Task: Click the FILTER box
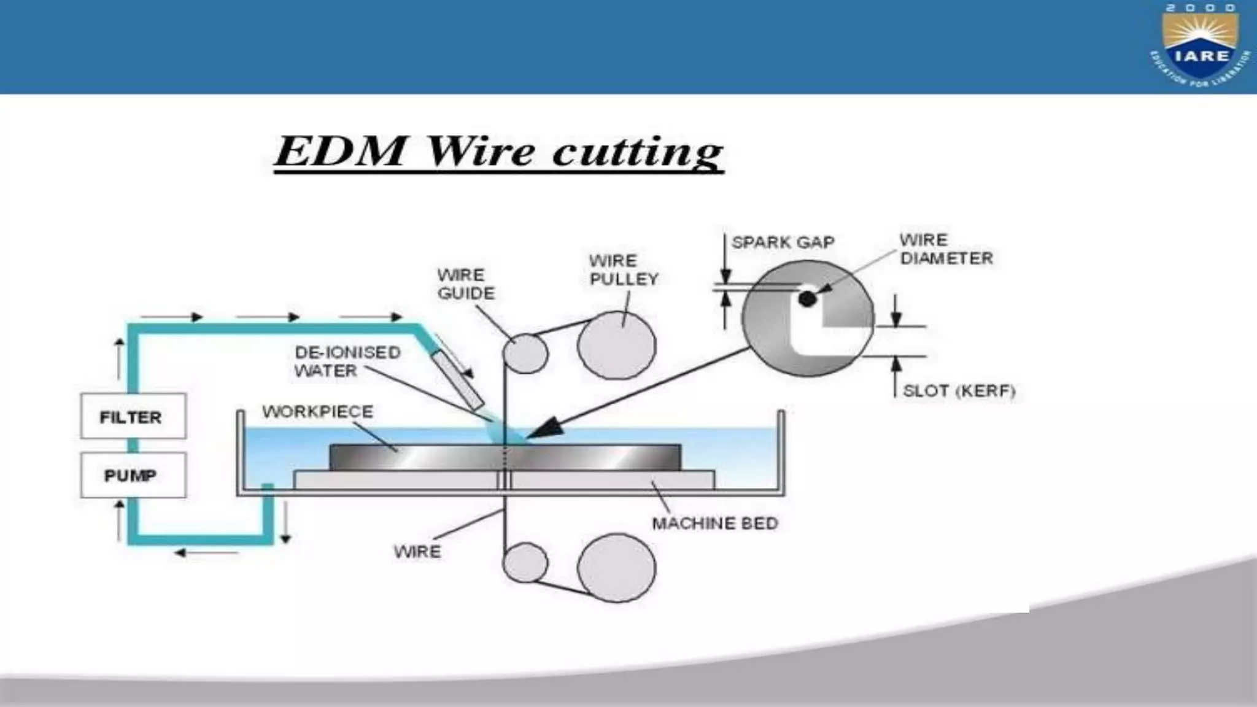coord(133,416)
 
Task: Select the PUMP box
coord(133,475)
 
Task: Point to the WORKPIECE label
coord(317,411)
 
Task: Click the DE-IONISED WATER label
coord(347,361)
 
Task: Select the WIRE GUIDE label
coord(465,284)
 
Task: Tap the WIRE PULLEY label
coord(622,270)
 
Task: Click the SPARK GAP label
coord(783,242)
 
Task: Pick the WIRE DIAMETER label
coord(945,249)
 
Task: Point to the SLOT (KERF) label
coord(959,391)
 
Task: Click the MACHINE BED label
coord(714,523)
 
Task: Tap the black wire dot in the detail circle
coord(807,299)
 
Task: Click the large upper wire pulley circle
coord(616,346)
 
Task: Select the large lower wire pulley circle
coord(616,568)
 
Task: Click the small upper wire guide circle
coord(525,353)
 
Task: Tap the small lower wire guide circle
coord(525,562)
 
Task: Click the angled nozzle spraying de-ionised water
coord(457,381)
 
